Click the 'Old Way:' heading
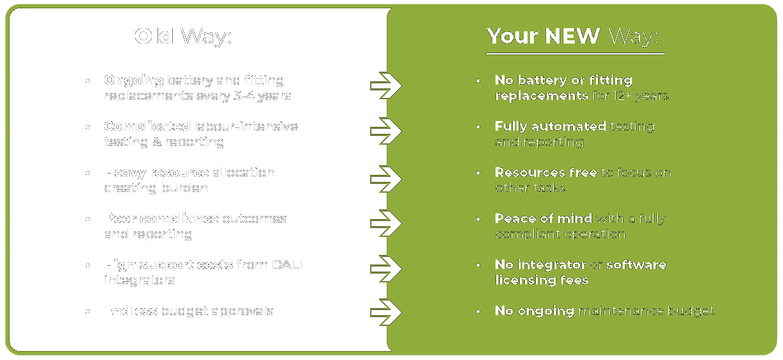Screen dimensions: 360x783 182,37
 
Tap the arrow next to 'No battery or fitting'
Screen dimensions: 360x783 385,84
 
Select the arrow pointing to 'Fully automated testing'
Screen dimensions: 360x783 385,130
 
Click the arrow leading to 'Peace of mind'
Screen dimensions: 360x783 385,222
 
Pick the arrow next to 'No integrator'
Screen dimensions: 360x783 385,268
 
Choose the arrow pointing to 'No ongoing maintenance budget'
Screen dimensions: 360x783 385,312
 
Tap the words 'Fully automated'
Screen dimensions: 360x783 550,126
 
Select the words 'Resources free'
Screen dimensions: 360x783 545,172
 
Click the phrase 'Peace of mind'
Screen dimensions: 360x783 543,218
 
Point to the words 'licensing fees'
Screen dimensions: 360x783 542,280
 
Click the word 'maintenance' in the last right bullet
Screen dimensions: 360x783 620,311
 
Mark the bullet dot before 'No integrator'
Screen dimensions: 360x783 478,265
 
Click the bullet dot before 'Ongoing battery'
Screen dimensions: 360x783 88,81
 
